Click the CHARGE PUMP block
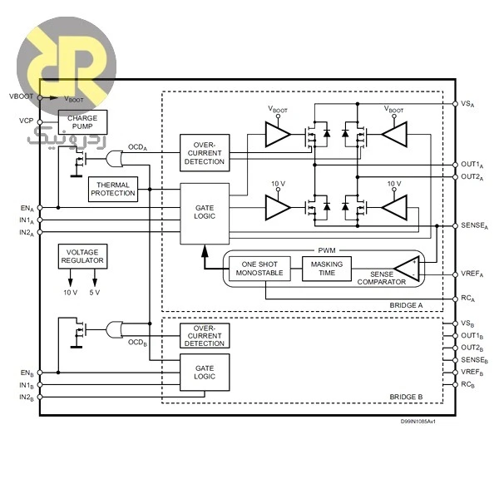tap(82, 122)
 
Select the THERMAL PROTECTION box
tap(113, 189)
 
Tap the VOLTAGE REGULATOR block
tap(82, 256)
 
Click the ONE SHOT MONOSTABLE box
tap(259, 269)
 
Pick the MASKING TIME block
tap(327, 269)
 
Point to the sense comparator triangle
tap(407, 269)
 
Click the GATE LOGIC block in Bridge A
tap(205, 214)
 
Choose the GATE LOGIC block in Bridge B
tap(205, 373)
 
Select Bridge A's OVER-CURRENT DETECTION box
tap(205, 153)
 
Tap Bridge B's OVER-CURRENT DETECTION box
tap(205, 336)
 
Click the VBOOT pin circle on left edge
tap(40, 97)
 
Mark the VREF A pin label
tap(472, 274)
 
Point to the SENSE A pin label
tap(475, 225)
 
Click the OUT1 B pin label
tap(472, 336)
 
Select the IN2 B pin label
tap(27, 398)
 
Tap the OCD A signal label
tap(137, 147)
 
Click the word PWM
tap(327, 250)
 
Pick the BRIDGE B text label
tap(406, 397)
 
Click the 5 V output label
tap(95, 293)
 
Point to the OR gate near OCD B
tap(114, 329)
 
